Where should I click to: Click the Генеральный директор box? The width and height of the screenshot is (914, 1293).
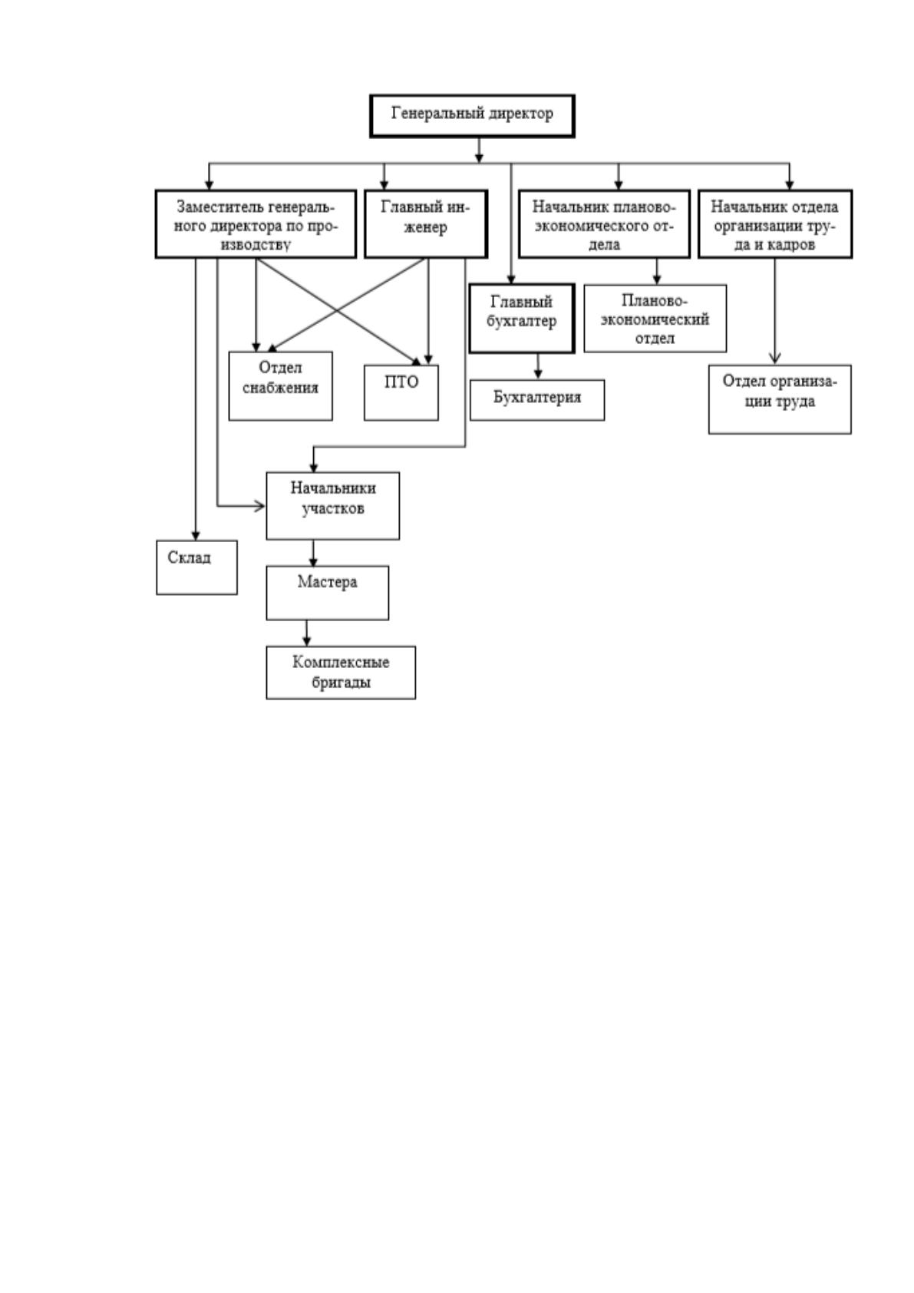[472, 116]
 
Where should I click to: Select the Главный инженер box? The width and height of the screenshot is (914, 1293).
[426, 223]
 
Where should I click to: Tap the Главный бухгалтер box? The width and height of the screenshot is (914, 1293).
[522, 318]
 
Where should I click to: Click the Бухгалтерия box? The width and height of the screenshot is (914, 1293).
[537, 400]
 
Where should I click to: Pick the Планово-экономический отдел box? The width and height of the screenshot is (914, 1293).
[655, 318]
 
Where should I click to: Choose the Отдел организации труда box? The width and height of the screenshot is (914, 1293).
[780, 398]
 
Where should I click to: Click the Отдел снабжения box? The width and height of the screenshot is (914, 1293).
[280, 385]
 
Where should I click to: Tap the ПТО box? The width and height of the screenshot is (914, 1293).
[401, 392]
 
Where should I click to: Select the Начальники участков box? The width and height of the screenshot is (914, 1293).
[332, 506]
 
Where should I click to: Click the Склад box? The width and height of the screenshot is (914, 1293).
[196, 567]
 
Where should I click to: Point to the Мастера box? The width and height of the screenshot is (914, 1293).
[327, 593]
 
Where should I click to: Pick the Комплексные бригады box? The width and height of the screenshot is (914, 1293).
[341, 673]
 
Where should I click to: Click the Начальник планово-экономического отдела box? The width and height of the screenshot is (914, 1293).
[604, 223]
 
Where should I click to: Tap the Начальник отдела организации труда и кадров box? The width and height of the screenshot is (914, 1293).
[775, 223]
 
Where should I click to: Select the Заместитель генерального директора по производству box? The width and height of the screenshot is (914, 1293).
[256, 223]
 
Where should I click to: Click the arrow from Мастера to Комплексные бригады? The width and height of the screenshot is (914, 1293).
[306, 633]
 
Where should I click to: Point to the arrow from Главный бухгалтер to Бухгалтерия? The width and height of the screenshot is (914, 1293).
[538, 366]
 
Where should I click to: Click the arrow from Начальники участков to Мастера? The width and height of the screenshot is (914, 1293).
[313, 553]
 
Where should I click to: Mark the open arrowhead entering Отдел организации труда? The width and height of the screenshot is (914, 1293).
[775, 358]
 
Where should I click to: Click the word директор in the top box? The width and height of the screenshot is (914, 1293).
[520, 114]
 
